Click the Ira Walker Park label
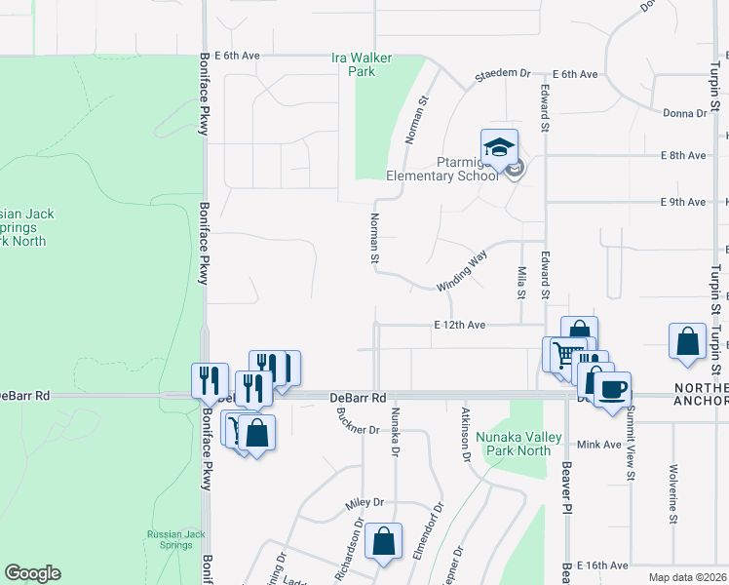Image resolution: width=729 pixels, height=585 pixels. point(362,64)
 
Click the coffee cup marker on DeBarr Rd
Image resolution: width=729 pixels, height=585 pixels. point(612,391)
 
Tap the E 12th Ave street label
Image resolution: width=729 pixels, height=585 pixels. point(460,325)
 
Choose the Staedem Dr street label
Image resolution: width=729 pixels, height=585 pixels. point(502,73)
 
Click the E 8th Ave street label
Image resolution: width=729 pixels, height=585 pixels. point(682,155)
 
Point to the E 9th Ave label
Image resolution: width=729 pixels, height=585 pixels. point(682,202)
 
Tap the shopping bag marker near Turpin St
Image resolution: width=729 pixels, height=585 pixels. point(687,342)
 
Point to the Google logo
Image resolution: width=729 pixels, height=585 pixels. point(32,573)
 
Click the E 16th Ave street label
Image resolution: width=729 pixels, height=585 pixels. point(603,565)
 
